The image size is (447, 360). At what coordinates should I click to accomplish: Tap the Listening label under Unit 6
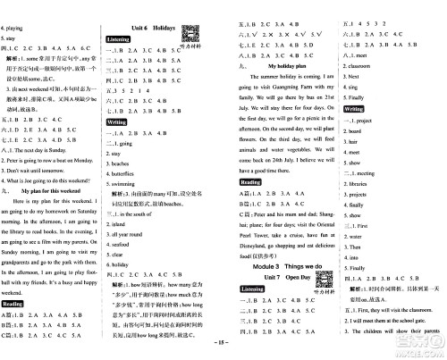coord(129,41)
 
